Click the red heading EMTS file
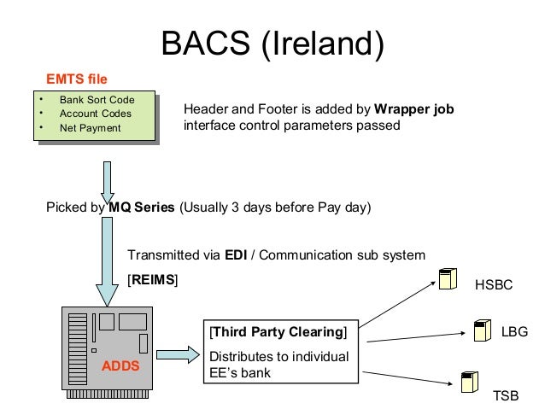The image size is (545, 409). (x=77, y=79)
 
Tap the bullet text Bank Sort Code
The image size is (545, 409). (x=97, y=100)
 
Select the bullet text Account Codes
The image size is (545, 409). (x=96, y=114)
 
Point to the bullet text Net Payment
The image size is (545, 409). (x=91, y=128)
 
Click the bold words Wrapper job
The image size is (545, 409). (x=414, y=109)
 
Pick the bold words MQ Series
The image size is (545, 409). (x=142, y=207)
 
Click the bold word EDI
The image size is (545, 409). (x=236, y=255)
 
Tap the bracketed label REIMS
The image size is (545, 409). (x=153, y=280)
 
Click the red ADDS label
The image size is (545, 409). (x=120, y=366)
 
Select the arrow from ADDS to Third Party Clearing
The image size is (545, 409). (x=178, y=355)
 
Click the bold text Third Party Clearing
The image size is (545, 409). (x=278, y=332)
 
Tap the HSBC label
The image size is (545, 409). (x=494, y=285)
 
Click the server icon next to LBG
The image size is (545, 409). (x=483, y=330)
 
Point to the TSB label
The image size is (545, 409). (x=506, y=396)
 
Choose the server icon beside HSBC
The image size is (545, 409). (x=448, y=278)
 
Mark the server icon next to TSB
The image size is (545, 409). (x=470, y=382)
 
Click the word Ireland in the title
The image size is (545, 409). (x=323, y=43)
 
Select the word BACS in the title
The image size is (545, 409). (x=206, y=43)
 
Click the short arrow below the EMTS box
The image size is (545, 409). (x=108, y=182)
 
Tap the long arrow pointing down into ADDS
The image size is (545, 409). (x=107, y=261)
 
